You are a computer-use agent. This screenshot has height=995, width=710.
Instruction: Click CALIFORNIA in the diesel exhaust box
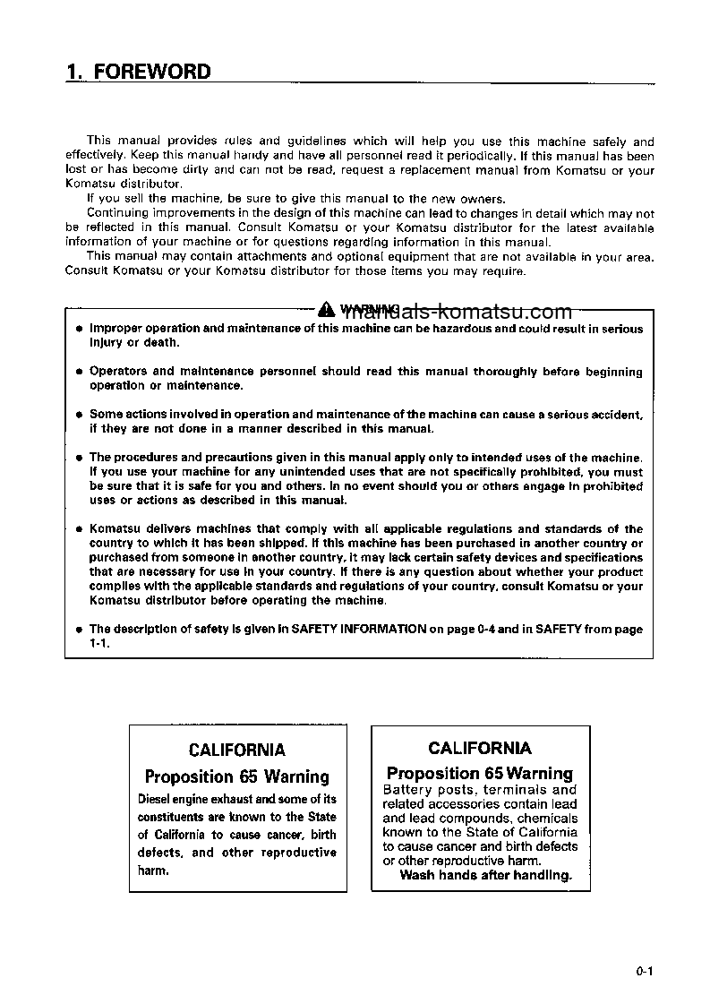pyautogui.click(x=237, y=750)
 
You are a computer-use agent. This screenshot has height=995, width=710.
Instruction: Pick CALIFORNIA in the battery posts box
pyautogui.click(x=479, y=748)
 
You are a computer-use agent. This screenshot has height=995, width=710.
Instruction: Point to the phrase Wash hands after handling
pyautogui.click(x=485, y=875)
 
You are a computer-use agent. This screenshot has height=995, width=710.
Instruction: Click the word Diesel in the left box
pyautogui.click(x=154, y=799)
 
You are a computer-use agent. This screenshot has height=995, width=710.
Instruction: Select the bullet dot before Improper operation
pyautogui.click(x=79, y=330)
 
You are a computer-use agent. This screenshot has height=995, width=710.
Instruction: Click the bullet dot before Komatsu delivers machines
pyautogui.click(x=79, y=529)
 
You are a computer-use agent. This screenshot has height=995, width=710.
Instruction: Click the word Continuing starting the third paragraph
pyautogui.click(x=115, y=213)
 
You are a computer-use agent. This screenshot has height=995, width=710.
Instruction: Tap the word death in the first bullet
pyautogui.click(x=163, y=343)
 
